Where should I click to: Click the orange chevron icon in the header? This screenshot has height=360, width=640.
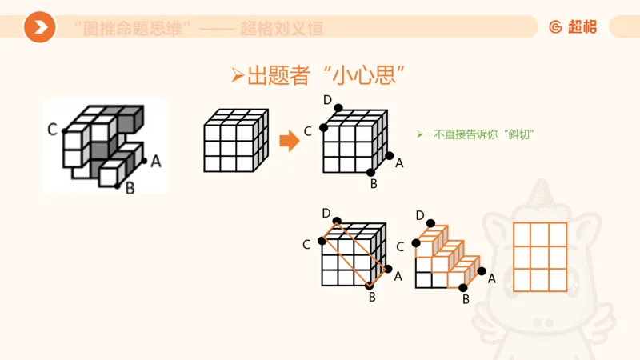(x=39, y=28)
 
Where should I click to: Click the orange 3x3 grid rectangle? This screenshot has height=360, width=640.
(x=539, y=256)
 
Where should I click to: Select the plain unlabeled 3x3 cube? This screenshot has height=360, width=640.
(x=234, y=141)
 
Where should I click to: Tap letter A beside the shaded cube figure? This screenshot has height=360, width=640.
(x=156, y=162)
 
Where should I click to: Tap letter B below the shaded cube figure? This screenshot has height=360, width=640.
(x=130, y=189)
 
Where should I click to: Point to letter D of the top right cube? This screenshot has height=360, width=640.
(x=327, y=99)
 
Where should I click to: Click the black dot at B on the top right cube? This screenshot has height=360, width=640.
(x=370, y=172)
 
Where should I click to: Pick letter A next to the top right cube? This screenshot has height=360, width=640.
(x=399, y=163)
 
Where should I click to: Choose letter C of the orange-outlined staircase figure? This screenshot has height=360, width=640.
(x=400, y=246)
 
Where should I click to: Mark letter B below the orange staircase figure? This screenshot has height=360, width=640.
(x=466, y=300)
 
